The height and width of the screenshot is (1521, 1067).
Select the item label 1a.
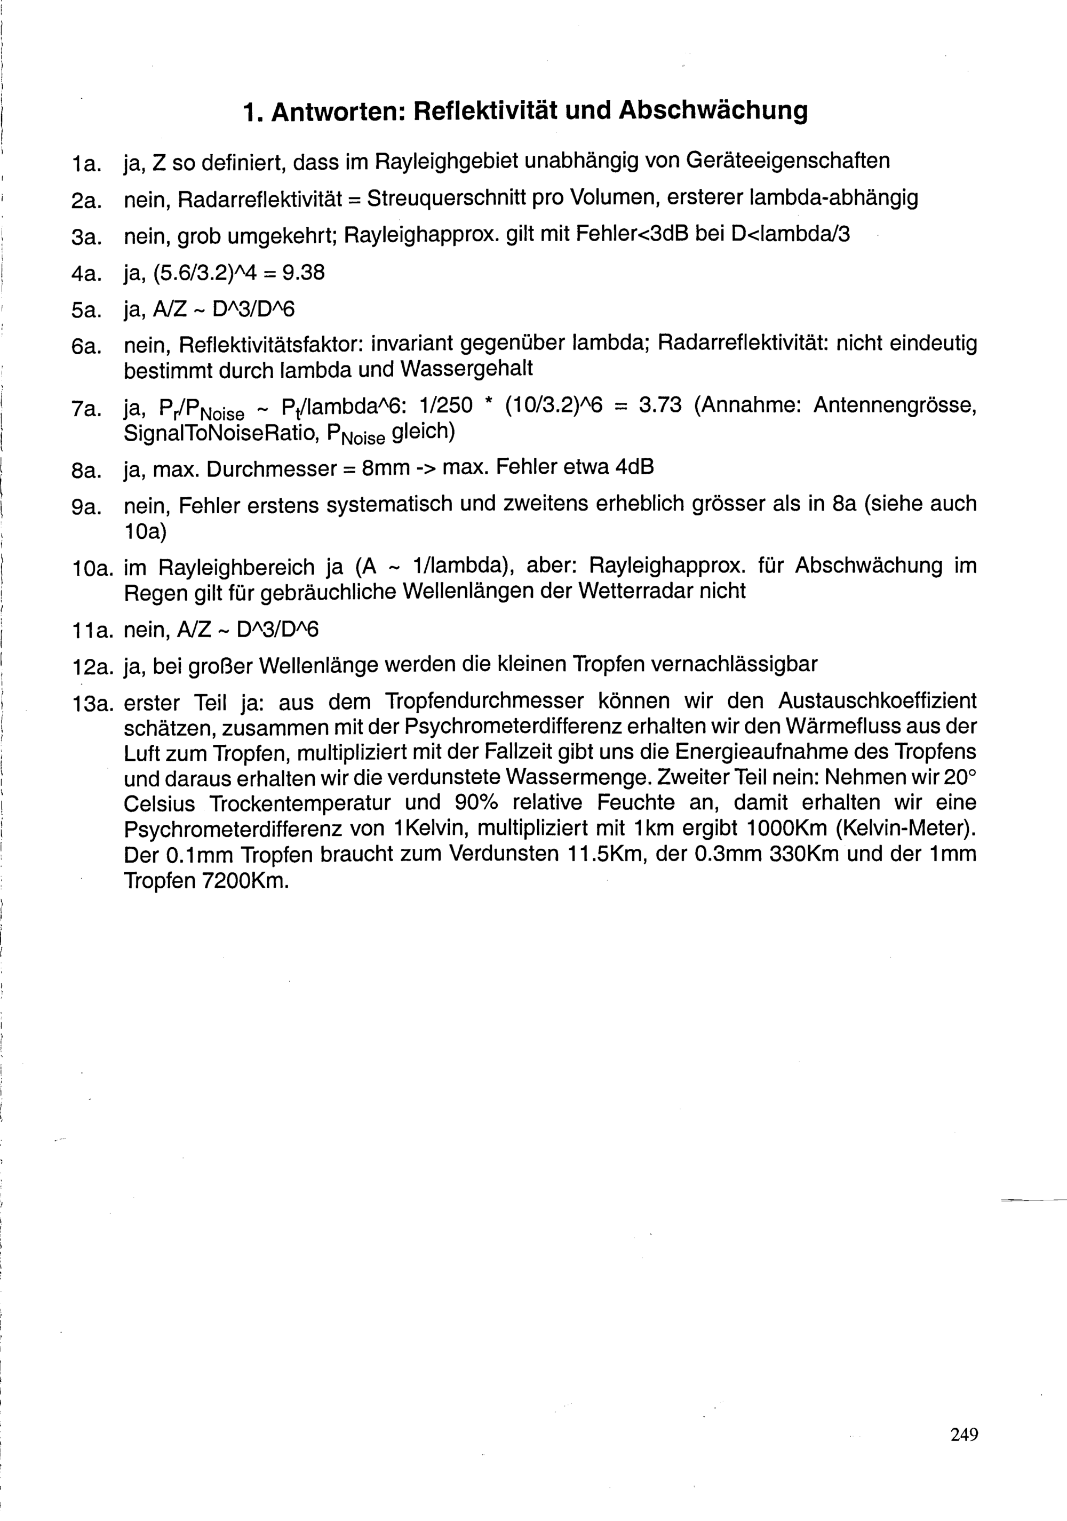(85, 162)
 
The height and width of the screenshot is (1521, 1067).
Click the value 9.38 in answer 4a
(304, 272)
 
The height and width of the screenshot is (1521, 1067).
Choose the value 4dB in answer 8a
(634, 468)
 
